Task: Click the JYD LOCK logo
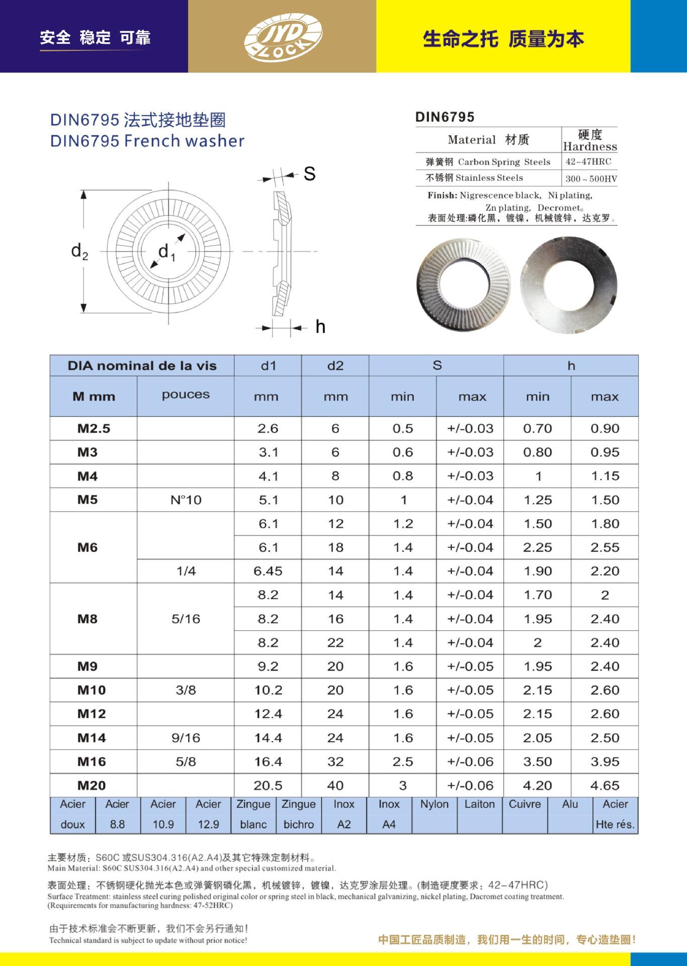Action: tap(283, 36)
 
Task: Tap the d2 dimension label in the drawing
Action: tap(79, 251)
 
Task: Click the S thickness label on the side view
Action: tap(309, 174)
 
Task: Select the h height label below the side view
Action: tap(320, 328)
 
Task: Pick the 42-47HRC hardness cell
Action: tap(588, 162)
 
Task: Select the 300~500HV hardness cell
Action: tap(591, 179)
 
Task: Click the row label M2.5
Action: tap(94, 429)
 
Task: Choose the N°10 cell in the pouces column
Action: tap(186, 500)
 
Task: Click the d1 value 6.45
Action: tap(268, 572)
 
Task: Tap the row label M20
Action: tap(92, 785)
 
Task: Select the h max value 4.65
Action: tap(605, 785)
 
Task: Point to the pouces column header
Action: tap(186, 395)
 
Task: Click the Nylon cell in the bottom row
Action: tap(434, 804)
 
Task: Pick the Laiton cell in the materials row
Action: tap(479, 804)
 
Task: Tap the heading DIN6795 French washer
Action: tap(147, 141)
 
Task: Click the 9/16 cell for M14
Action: tap(186, 738)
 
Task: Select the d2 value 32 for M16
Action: tap(335, 762)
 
